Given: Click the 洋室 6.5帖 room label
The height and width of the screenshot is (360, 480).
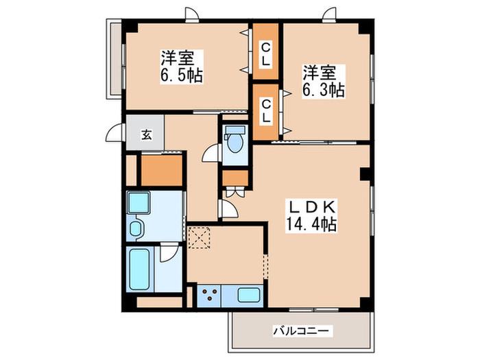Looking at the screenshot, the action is pyautogui.click(x=181, y=67).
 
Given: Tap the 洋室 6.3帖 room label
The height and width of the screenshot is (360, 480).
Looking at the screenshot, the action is pyautogui.click(x=324, y=81).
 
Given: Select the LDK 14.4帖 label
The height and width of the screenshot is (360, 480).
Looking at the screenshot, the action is pyautogui.click(x=311, y=217).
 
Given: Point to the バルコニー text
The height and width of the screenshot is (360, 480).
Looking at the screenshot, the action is pyautogui.click(x=301, y=331).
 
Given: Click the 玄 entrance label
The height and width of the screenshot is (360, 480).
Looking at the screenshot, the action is pyautogui.click(x=147, y=134).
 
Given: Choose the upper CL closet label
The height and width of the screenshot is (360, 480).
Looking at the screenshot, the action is pyautogui.click(x=265, y=54).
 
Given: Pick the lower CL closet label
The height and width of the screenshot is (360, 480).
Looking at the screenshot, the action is pyautogui.click(x=266, y=112).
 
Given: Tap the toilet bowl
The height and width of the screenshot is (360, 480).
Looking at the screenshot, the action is pyautogui.click(x=235, y=140).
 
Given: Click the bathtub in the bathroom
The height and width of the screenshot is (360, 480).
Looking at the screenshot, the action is pyautogui.click(x=140, y=269).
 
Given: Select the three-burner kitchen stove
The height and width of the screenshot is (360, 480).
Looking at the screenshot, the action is pyautogui.click(x=209, y=296).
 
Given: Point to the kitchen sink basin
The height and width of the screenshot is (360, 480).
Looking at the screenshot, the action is pyautogui.click(x=249, y=295).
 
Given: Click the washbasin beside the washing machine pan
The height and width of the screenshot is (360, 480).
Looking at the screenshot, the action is pyautogui.click(x=135, y=228).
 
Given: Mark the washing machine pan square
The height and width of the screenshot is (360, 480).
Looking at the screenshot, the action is pyautogui.click(x=139, y=202).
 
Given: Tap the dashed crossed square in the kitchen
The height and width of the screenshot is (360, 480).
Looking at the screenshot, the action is pyautogui.click(x=199, y=238).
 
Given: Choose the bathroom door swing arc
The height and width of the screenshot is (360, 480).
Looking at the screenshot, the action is pyautogui.click(x=169, y=253).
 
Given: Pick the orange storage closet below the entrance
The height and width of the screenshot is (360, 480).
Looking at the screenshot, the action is pyautogui.click(x=162, y=170).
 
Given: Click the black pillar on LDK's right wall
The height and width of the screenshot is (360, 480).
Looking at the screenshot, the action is pyautogui.click(x=365, y=174).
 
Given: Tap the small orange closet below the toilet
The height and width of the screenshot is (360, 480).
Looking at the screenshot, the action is pyautogui.click(x=235, y=178).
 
